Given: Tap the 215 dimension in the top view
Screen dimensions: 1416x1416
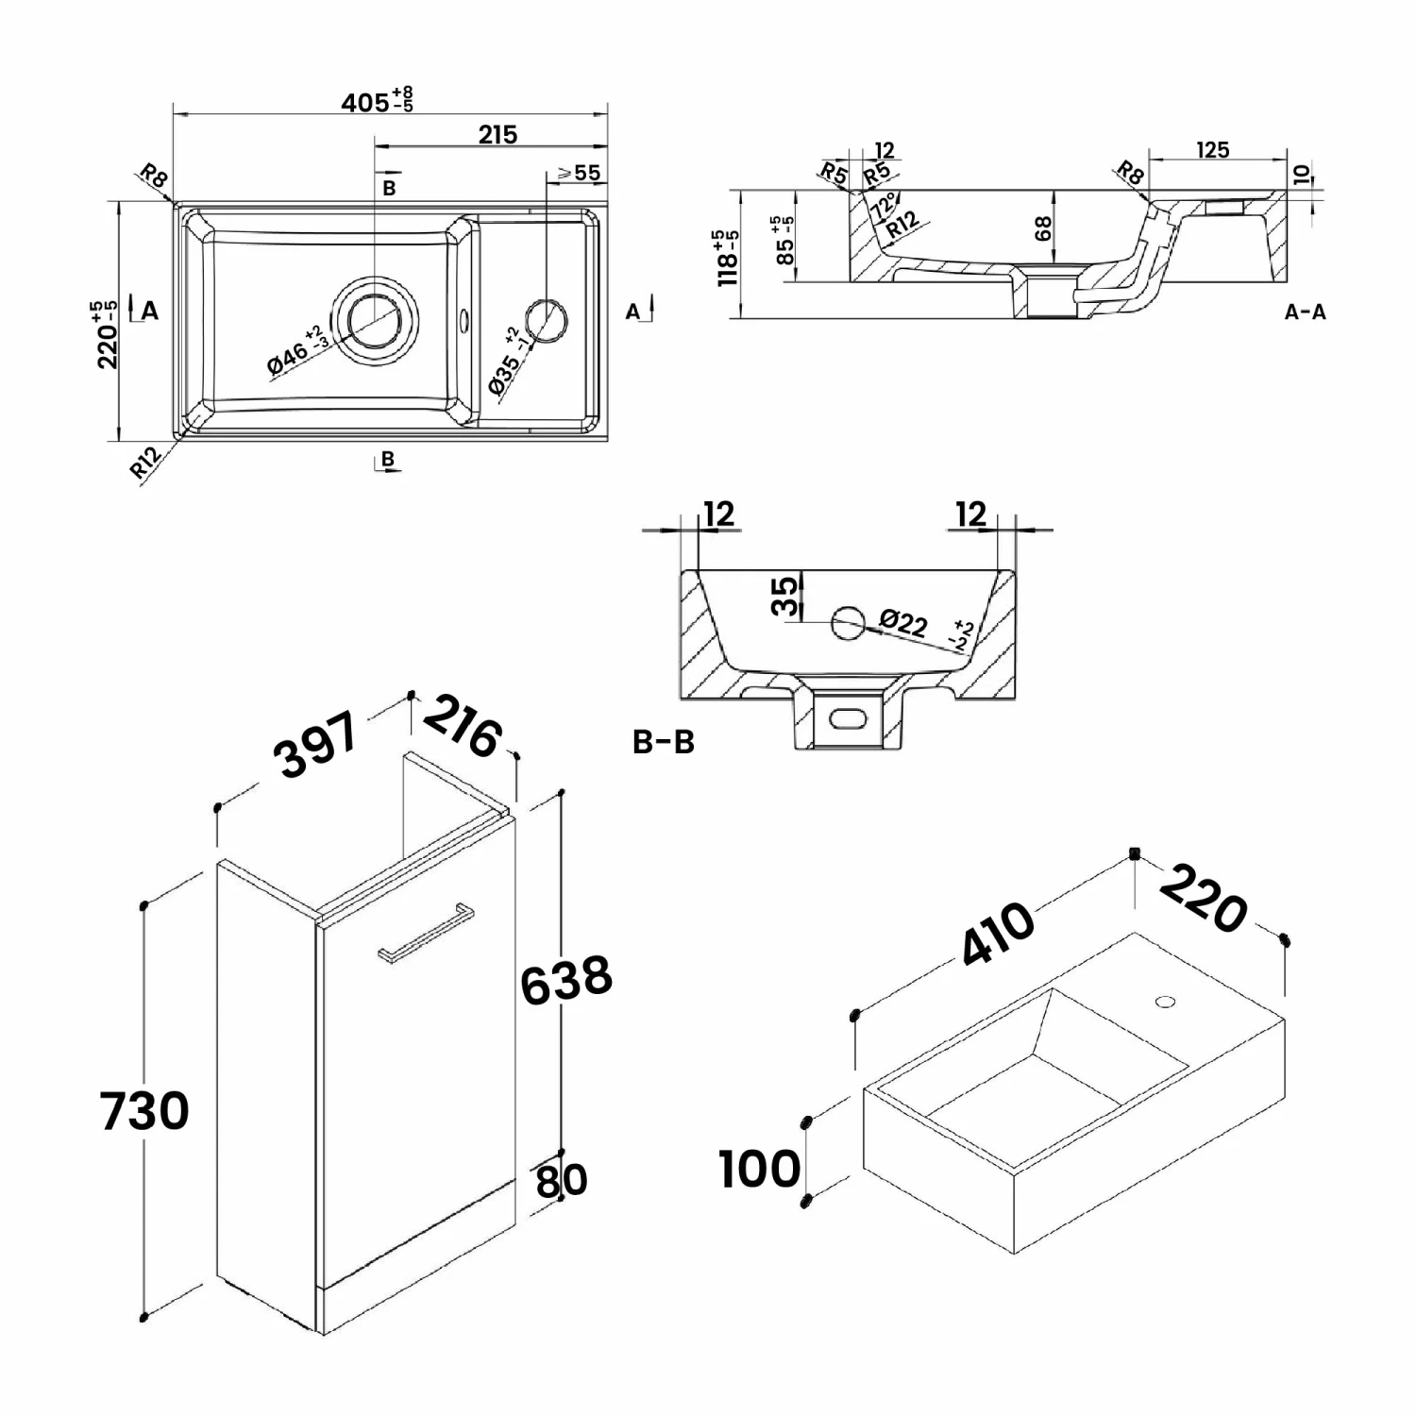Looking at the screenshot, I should tap(497, 134).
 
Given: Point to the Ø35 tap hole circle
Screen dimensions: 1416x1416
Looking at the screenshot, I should tap(546, 319).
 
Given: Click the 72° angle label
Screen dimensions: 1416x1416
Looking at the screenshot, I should tap(885, 205).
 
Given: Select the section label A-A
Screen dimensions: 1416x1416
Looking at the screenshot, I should tap(1305, 312).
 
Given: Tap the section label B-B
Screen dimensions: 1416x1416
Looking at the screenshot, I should tap(663, 742).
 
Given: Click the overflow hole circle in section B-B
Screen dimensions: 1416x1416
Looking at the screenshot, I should tap(847, 621).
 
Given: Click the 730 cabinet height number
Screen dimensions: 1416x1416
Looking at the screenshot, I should tap(144, 1110).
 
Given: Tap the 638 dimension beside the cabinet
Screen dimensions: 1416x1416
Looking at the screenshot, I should tap(566, 980).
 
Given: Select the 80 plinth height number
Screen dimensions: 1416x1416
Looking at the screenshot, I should tap(561, 1180).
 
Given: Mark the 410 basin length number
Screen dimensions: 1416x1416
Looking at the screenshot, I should tap(999, 934).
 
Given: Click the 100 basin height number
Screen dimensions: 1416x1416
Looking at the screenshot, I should tap(759, 1170).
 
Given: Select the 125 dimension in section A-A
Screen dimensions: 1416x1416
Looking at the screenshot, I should tap(1212, 150).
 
